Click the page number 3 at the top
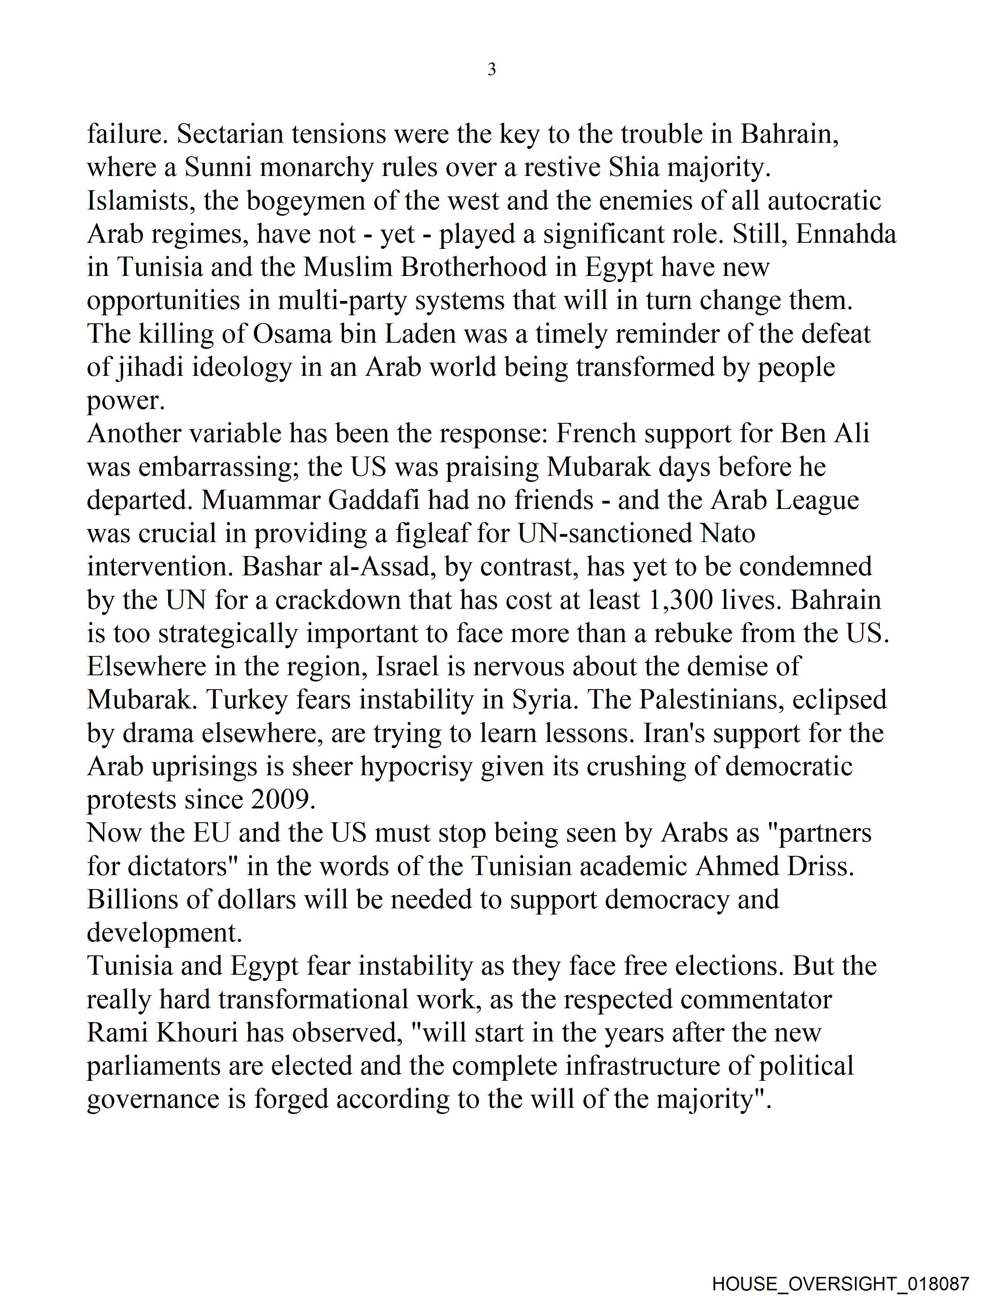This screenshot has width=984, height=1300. click(x=491, y=70)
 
